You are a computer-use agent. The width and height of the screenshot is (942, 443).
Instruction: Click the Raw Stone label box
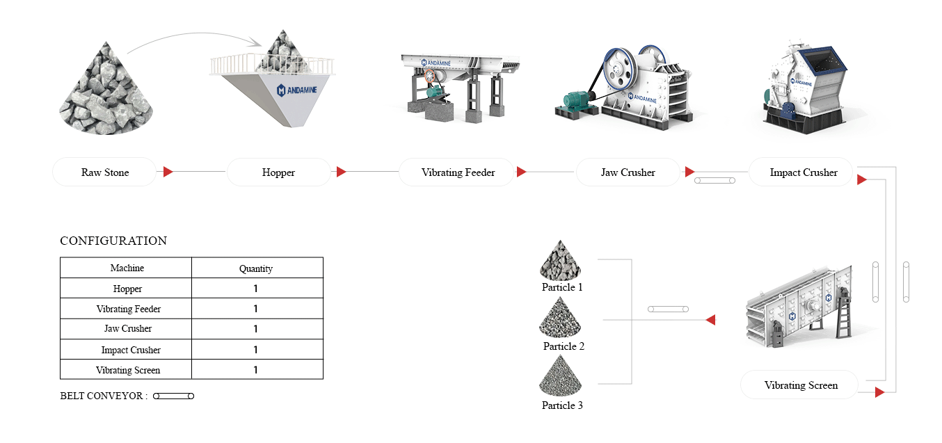coord(104,172)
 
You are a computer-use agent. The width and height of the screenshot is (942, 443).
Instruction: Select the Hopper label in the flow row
coord(278,172)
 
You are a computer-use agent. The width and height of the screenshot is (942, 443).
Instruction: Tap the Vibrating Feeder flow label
coord(457,172)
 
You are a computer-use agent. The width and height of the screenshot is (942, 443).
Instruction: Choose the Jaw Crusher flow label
coord(628,172)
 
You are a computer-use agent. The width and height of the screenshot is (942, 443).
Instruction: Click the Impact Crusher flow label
coord(803,172)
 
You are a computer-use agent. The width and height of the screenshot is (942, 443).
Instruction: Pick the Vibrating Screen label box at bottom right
coord(800,385)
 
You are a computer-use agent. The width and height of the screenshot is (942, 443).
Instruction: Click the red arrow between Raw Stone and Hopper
coord(168,172)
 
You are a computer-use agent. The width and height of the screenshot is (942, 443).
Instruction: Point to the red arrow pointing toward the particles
coord(710,320)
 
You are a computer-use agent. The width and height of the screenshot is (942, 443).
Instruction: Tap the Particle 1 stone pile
coord(560,261)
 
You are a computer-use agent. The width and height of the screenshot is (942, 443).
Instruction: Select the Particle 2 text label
coord(564,346)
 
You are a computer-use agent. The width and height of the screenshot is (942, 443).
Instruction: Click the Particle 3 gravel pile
coord(560,376)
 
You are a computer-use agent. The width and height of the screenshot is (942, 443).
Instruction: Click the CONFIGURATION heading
coord(113,241)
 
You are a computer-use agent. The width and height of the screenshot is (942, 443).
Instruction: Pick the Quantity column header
coord(256,268)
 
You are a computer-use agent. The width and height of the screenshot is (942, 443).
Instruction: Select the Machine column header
coord(127,268)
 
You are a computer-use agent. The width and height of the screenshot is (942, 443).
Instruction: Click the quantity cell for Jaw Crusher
coord(256,329)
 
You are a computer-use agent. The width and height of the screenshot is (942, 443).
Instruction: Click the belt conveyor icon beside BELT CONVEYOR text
coord(173,396)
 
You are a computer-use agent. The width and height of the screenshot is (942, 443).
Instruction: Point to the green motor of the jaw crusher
coord(577,101)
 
